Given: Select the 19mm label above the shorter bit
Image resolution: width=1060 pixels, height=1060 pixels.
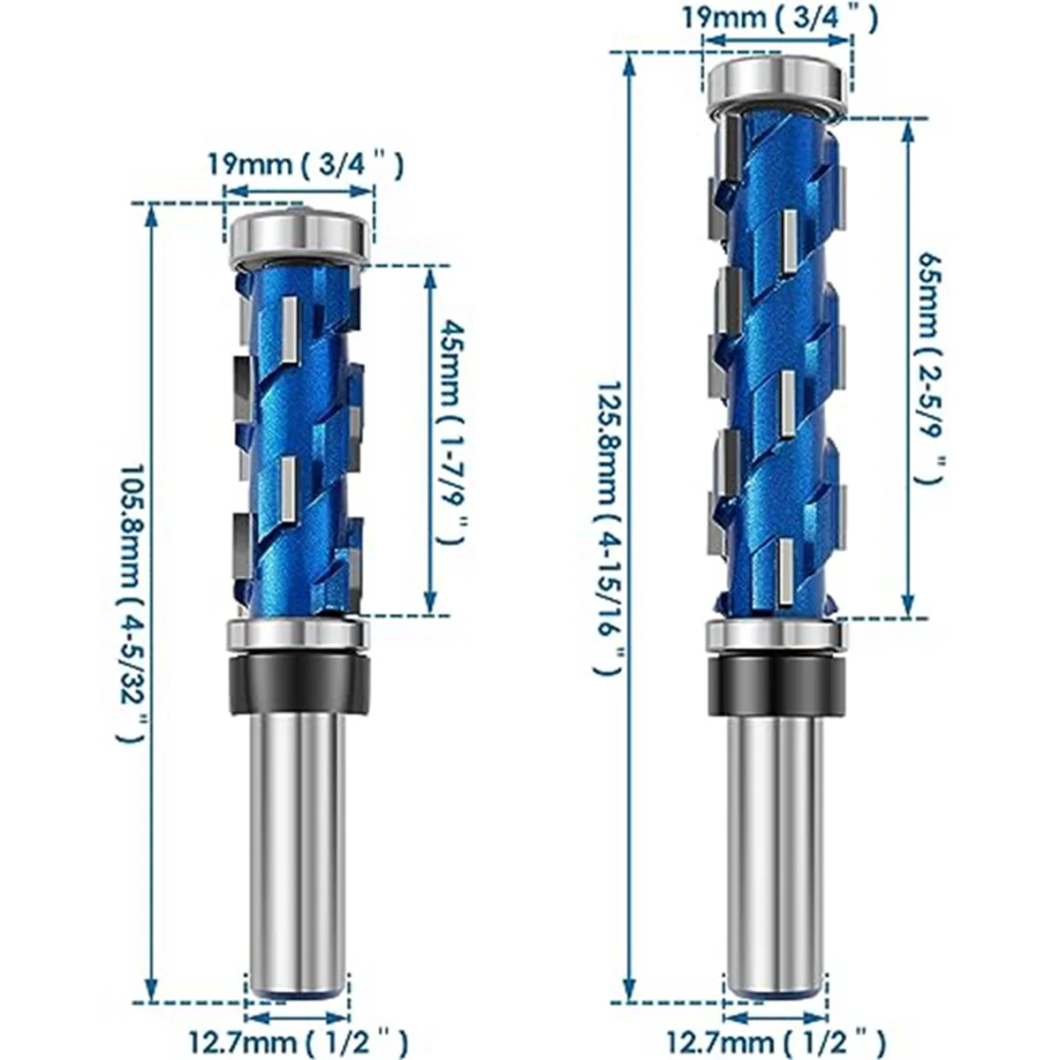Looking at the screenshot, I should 304,164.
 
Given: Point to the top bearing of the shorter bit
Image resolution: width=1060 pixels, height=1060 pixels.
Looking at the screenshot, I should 298,238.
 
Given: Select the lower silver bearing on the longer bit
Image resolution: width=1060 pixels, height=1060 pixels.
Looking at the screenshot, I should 775,637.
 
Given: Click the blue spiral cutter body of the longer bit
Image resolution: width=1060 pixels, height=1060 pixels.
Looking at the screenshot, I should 776,371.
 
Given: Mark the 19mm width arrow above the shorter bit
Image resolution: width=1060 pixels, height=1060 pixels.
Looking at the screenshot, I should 298,190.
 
